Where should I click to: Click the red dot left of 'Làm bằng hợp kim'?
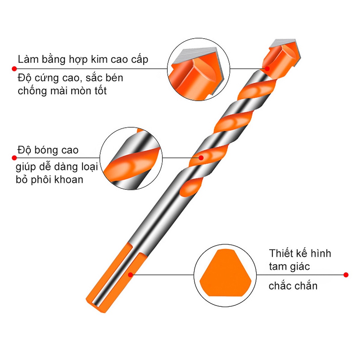pos(14,68)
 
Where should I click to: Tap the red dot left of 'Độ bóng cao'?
pos(14,158)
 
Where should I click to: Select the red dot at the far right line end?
pos(346,275)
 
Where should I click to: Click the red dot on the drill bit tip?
pos(267,68)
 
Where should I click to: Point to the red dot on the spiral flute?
pos(201,157)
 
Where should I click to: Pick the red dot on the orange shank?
pos(130,275)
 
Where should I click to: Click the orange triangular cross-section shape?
pos(225,274)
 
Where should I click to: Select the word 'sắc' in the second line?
pos(95,77)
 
